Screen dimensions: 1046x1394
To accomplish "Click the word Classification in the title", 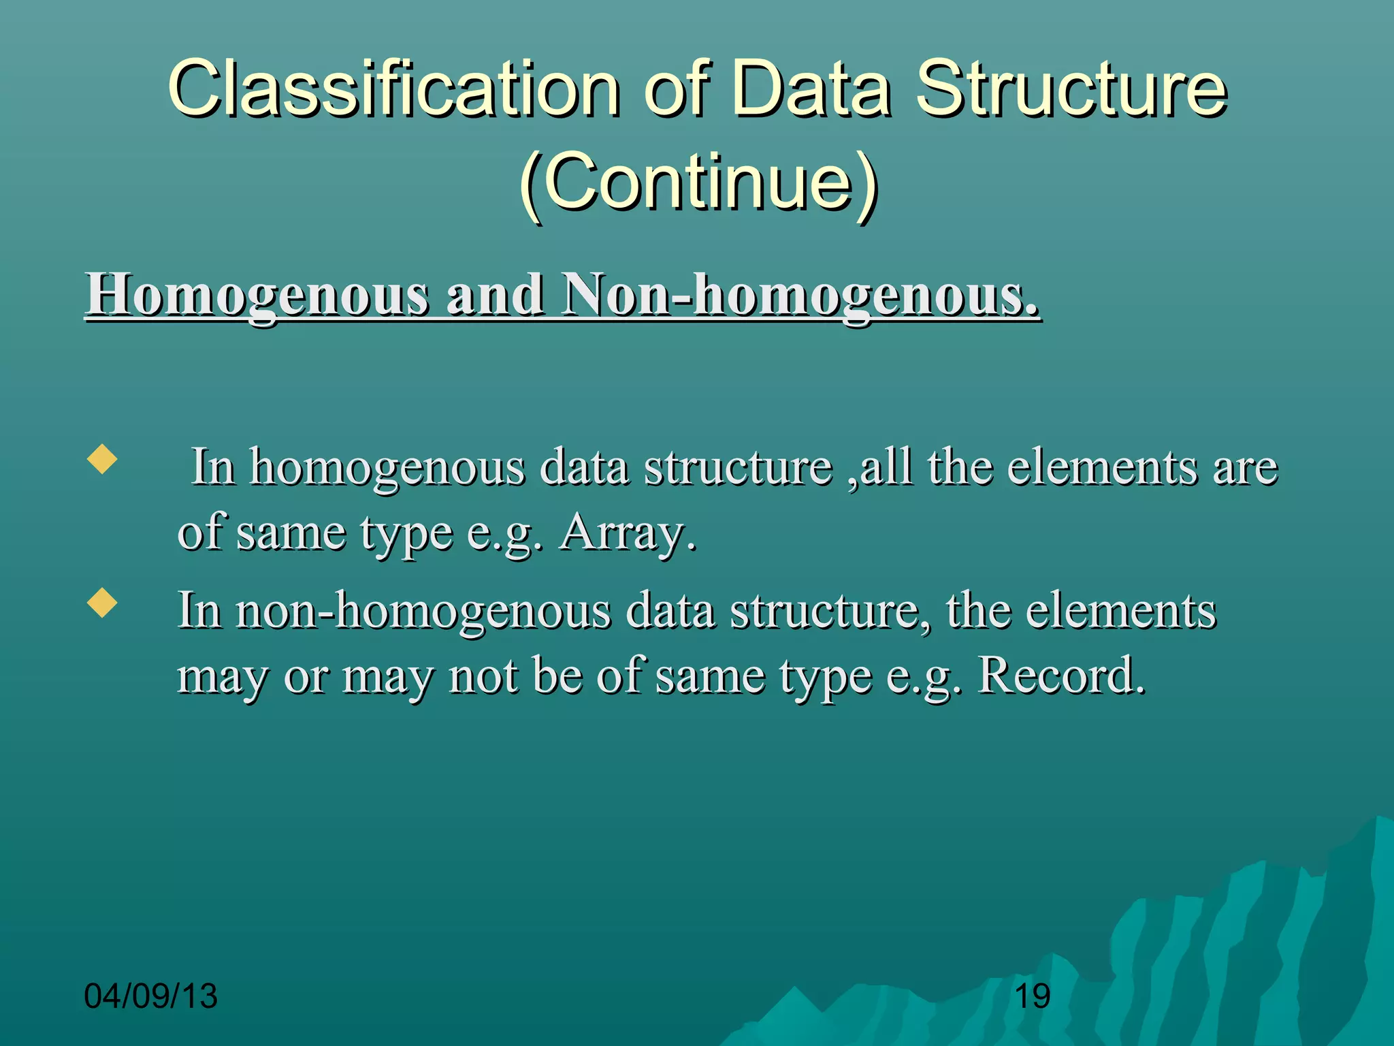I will (393, 89).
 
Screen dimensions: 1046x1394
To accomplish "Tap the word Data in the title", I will (811, 89).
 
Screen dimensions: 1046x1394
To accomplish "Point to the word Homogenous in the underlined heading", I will (257, 295).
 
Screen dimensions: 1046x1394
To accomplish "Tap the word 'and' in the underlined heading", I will (494, 295).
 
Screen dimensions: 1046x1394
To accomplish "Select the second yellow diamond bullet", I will (102, 602).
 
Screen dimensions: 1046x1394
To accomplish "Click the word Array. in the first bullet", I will (628, 533).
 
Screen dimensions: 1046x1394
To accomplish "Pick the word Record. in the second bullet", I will (1062, 676).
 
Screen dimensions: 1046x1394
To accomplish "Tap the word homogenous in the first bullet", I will (387, 469).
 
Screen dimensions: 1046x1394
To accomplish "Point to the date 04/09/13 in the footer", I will (150, 996).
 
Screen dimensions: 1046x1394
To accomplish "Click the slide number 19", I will (1032, 996).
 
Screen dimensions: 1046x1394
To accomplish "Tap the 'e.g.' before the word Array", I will (505, 533).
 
